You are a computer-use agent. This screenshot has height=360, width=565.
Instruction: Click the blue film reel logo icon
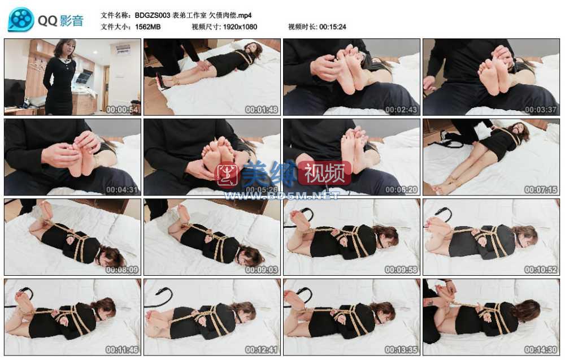click(x=21, y=19)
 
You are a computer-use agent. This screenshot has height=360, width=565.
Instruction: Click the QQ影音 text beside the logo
click(x=60, y=20)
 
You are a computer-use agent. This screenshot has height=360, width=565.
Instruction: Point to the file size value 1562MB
click(x=147, y=27)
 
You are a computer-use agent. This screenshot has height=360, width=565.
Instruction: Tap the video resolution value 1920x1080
click(x=240, y=27)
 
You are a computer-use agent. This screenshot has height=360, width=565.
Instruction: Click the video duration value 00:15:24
click(x=333, y=27)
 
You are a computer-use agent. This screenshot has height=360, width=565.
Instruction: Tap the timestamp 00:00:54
click(x=122, y=110)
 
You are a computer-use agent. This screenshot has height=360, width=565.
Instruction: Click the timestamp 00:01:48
click(x=262, y=110)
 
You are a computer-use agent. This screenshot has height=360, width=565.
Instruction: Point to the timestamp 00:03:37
click(x=541, y=110)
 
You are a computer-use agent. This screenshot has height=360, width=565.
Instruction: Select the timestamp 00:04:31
click(x=122, y=189)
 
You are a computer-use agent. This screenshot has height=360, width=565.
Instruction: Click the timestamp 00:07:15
click(x=541, y=189)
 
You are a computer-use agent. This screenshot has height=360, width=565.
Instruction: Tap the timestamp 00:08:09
click(x=122, y=270)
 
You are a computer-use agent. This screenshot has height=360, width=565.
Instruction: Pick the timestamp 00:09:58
click(x=401, y=270)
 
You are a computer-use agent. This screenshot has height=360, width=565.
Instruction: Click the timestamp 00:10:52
click(x=541, y=270)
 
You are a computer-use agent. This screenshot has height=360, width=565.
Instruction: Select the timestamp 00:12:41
click(x=262, y=350)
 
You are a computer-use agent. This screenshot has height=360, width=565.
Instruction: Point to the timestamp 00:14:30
click(x=541, y=350)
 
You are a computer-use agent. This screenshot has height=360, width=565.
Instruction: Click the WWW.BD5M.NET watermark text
click(x=282, y=196)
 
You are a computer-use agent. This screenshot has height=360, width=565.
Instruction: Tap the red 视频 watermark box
click(x=324, y=174)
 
